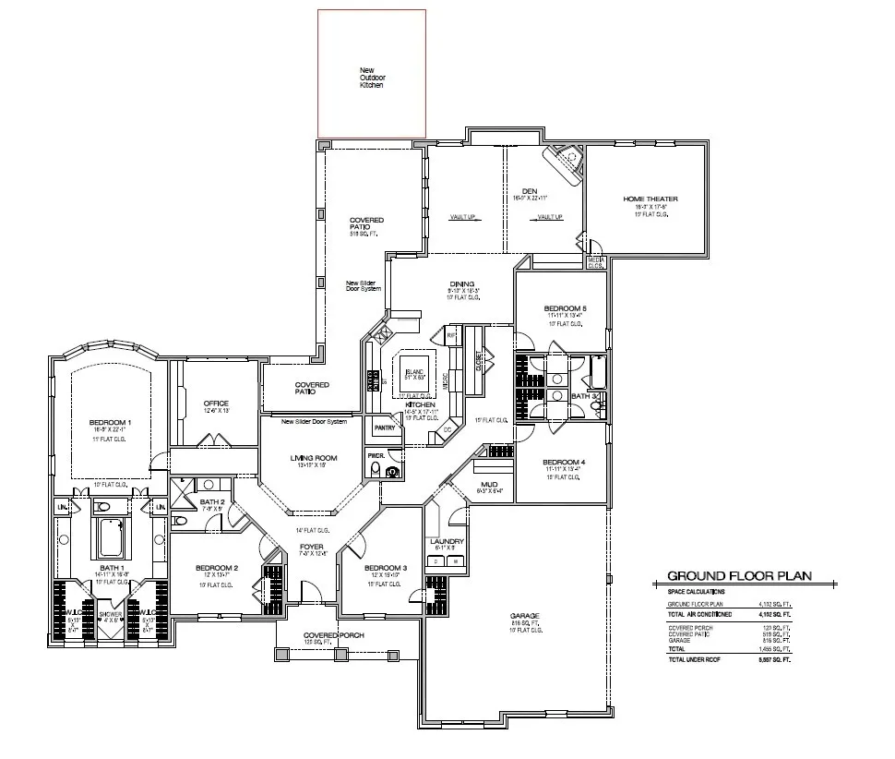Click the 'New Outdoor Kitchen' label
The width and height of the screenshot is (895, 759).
[x=371, y=78]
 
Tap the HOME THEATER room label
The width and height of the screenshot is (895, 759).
[x=650, y=199]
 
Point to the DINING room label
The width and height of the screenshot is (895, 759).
[x=461, y=284]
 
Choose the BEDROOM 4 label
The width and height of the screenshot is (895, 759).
[x=564, y=462]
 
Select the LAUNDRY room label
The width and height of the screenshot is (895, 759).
[x=447, y=542]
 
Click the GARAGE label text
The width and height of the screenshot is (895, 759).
[x=524, y=616]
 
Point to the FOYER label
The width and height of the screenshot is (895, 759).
[x=312, y=547]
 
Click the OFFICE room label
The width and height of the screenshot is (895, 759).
[x=216, y=404]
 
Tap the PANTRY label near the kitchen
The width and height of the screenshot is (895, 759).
[x=385, y=428]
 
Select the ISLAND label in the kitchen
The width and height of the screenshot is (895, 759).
[x=414, y=370]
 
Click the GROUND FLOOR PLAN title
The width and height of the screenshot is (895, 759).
[x=739, y=575]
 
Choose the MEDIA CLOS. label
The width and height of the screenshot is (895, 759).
[x=597, y=263]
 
